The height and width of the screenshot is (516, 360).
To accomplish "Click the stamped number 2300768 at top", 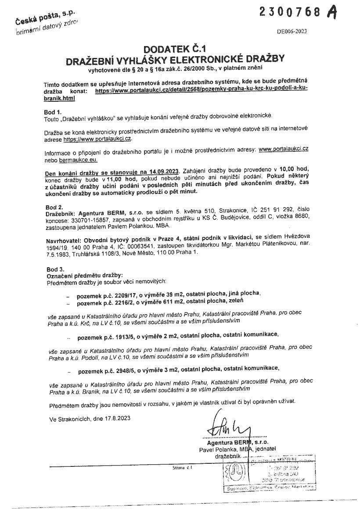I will click(291, 12).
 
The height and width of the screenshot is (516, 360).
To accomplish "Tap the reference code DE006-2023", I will click(292, 31).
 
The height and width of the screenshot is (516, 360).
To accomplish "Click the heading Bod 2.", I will click(54, 207).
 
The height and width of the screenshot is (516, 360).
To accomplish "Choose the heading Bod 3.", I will click(55, 269).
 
